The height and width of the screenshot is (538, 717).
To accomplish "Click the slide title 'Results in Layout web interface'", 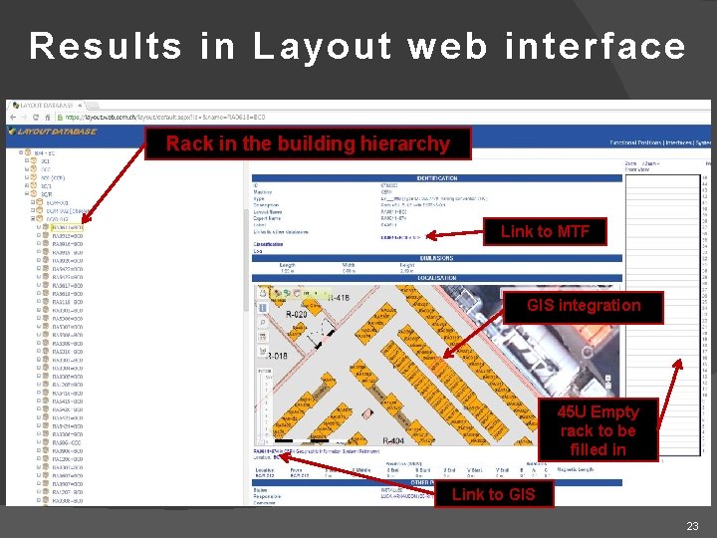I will coord(358,46).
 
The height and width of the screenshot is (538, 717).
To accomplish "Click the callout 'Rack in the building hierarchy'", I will coord(308,143).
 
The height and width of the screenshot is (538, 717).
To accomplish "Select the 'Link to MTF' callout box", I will coord(545,232).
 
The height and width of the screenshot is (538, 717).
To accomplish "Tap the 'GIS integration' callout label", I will coord(584,305).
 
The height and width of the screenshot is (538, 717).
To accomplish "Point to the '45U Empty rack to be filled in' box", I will coord(597,430).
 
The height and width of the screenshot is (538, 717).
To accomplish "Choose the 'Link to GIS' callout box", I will coord(493,494).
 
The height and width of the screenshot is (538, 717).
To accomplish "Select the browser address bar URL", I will coord(159,117).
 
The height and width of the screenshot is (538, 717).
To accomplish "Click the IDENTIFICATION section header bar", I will coord(437,178).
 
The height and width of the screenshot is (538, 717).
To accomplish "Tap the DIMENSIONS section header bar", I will coord(437,257).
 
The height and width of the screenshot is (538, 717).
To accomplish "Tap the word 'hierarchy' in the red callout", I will coord(403,143).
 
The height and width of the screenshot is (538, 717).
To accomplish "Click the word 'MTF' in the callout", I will coord(572,232).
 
